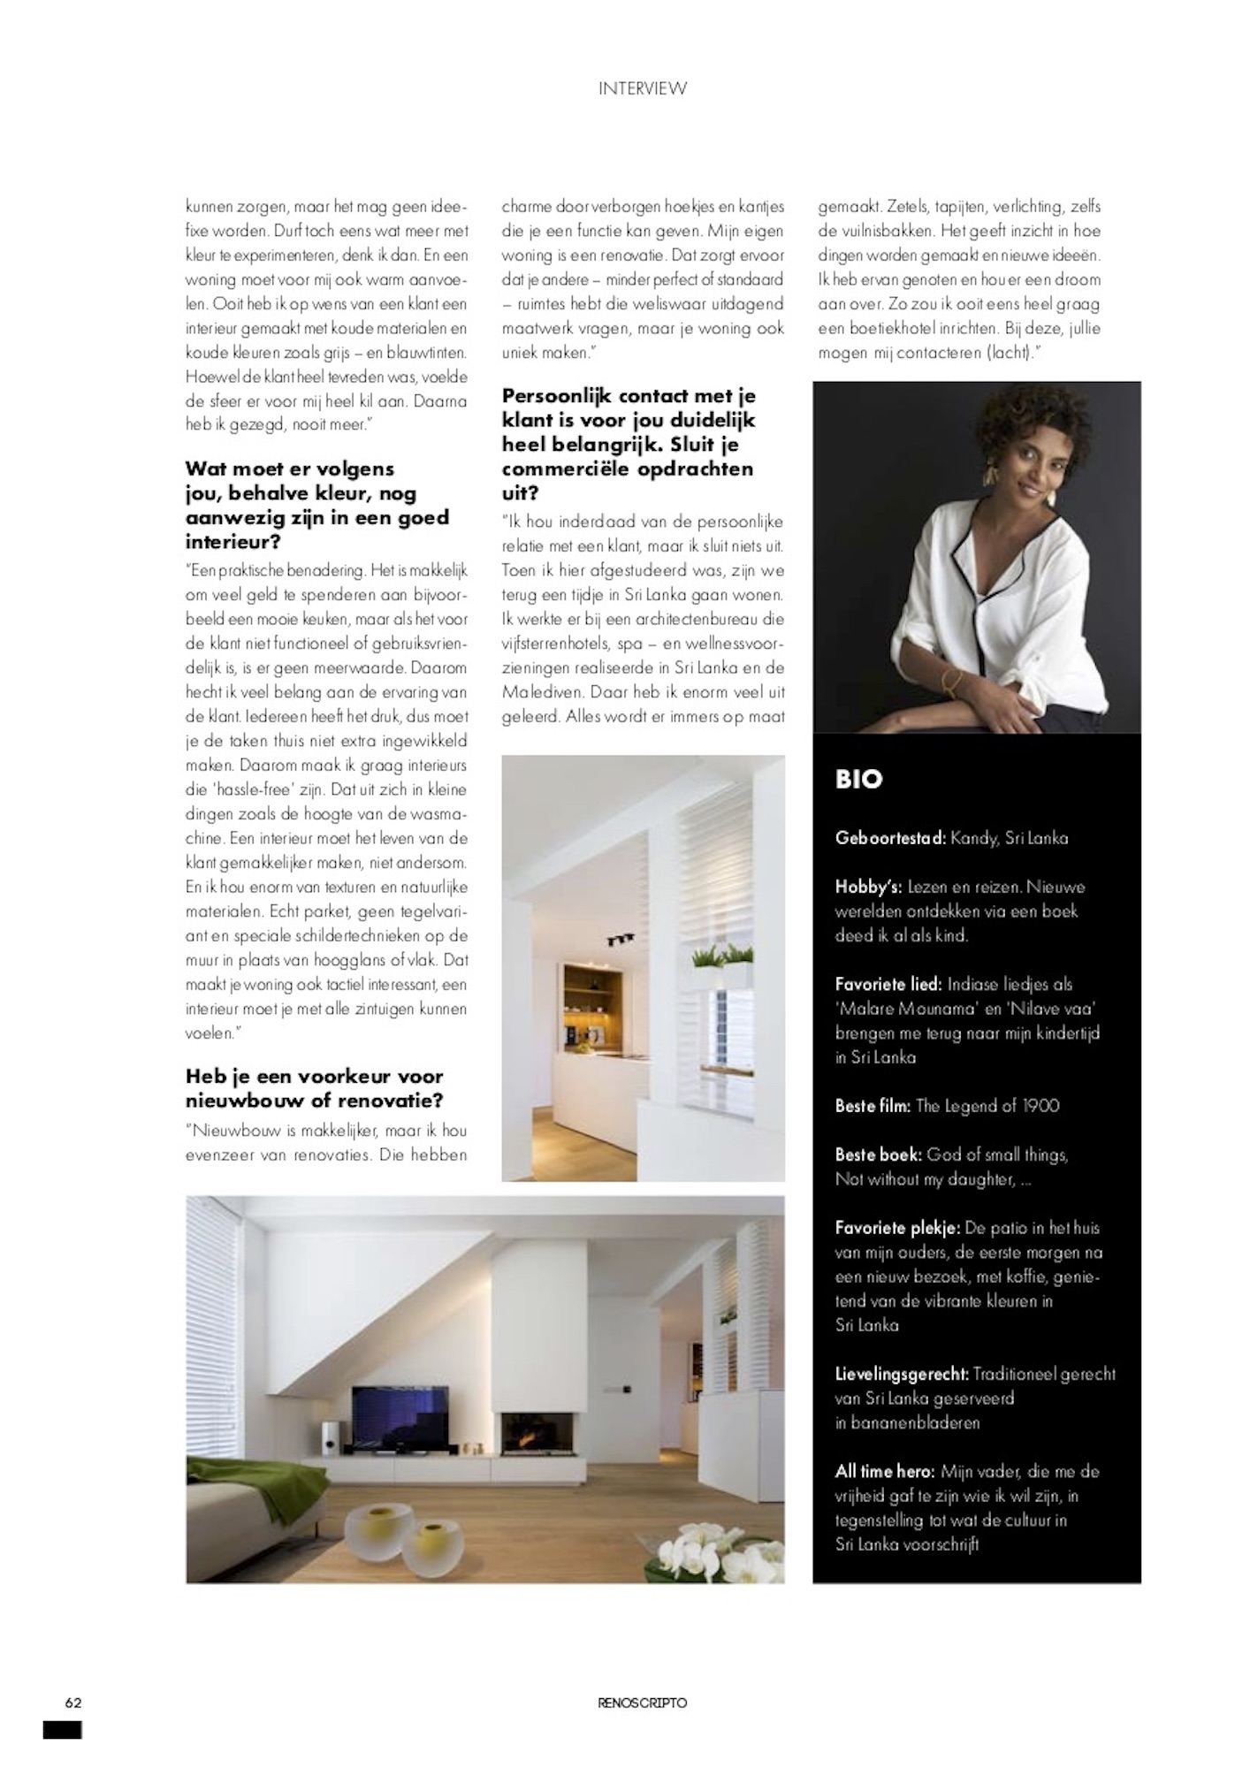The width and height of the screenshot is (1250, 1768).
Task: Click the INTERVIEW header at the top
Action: pyautogui.click(x=642, y=88)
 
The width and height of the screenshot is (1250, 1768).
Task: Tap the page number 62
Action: pyautogui.click(x=72, y=1703)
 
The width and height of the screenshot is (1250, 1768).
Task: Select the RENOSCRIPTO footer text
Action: pyautogui.click(x=642, y=1703)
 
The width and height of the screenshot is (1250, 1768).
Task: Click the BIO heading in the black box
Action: pyautogui.click(x=858, y=779)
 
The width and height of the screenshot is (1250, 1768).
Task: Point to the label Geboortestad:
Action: pyautogui.click(x=889, y=838)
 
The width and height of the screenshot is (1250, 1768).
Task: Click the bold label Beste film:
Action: pyautogui.click(x=873, y=1106)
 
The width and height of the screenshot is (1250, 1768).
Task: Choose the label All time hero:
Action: pyautogui.click(x=885, y=1472)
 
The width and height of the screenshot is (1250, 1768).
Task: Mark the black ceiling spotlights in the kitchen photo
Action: pyautogui.click(x=613, y=941)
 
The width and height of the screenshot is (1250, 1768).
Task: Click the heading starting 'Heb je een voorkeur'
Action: pyautogui.click(x=314, y=1088)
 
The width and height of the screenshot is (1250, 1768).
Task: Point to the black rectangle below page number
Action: pyautogui.click(x=62, y=1729)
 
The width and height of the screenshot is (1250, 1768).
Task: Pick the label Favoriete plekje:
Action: pyautogui.click(x=897, y=1228)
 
